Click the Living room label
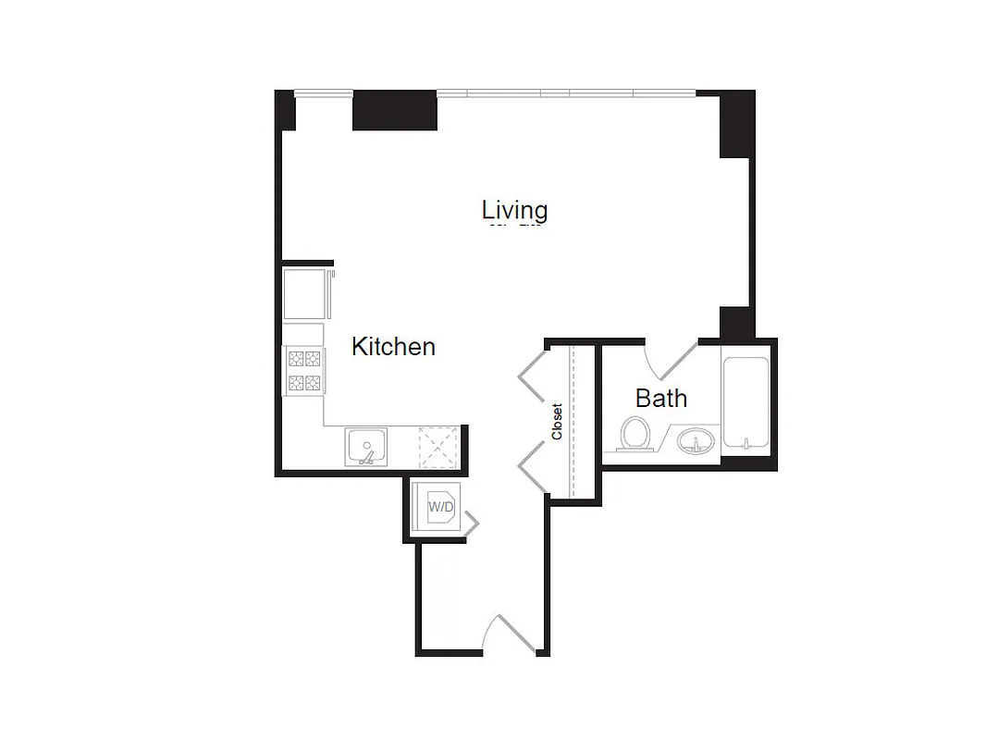(514, 210)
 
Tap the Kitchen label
(393, 347)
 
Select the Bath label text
(660, 399)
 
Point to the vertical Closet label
(557, 421)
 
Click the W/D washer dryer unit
(440, 507)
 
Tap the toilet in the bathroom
(635, 433)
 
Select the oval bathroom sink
(696, 439)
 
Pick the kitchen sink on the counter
(367, 447)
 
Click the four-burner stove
(304, 370)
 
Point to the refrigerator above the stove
(304, 294)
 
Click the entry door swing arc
(510, 633)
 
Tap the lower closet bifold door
(533, 467)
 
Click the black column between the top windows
(395, 110)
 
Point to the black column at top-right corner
(737, 124)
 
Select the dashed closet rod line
(573, 421)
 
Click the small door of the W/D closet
(471, 524)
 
